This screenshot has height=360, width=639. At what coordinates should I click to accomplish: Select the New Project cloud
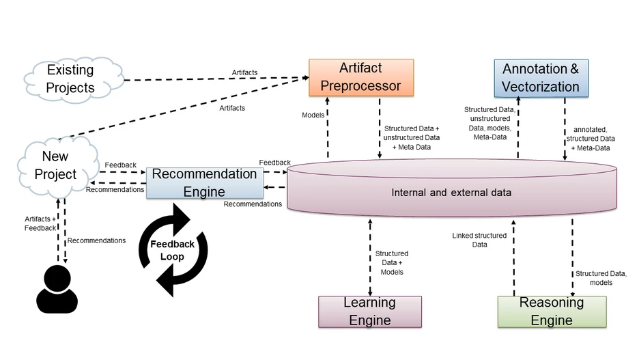[x=55, y=166]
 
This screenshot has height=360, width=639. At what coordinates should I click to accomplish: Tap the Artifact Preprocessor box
[x=361, y=77]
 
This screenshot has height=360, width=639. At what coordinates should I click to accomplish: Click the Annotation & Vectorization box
[x=541, y=78]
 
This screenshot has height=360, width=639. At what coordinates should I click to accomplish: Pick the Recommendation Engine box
[x=204, y=182]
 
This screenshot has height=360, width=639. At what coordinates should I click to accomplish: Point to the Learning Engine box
[x=369, y=311]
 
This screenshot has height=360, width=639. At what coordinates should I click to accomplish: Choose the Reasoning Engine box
[x=552, y=311]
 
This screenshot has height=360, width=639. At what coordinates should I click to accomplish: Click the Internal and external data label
[x=451, y=193]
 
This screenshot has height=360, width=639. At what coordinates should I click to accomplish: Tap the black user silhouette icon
[x=57, y=288]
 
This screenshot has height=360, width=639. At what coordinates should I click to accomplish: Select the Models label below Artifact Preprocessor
[x=313, y=115]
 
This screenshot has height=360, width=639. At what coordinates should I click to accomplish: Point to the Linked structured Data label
[x=479, y=240]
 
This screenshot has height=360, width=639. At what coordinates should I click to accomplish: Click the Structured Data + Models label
[x=392, y=262]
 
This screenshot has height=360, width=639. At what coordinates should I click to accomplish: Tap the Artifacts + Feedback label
[x=40, y=223]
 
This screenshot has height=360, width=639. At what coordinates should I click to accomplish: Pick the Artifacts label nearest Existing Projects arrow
[x=245, y=72]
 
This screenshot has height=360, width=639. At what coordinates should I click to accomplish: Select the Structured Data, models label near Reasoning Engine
[x=601, y=278]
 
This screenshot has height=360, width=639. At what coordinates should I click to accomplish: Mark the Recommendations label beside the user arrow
[x=97, y=240]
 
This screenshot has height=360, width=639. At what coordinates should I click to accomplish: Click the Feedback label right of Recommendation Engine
[x=274, y=163]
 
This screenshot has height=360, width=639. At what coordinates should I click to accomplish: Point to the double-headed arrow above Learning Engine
[x=370, y=255]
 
